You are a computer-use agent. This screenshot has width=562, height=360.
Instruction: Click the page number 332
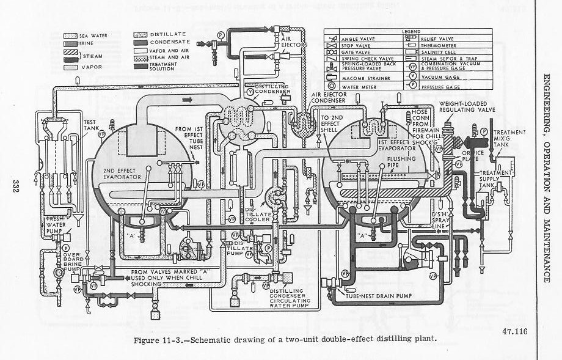click(14, 187)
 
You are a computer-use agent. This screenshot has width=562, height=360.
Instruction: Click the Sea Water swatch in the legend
click(71, 36)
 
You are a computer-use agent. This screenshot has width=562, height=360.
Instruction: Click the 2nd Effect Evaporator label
click(122, 173)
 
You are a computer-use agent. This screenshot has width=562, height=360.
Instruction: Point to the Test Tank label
click(92, 125)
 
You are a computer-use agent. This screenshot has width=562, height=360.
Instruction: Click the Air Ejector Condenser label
click(334, 98)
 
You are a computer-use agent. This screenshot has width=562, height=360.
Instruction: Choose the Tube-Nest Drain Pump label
click(377, 296)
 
